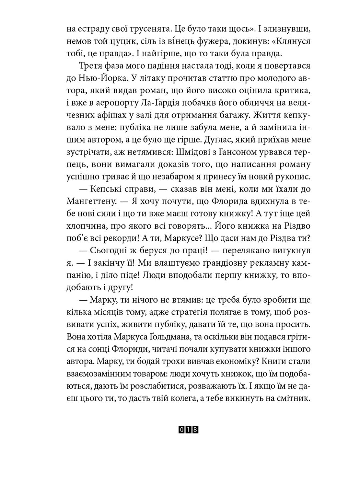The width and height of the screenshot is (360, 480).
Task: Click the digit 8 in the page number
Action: tap(195, 430)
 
